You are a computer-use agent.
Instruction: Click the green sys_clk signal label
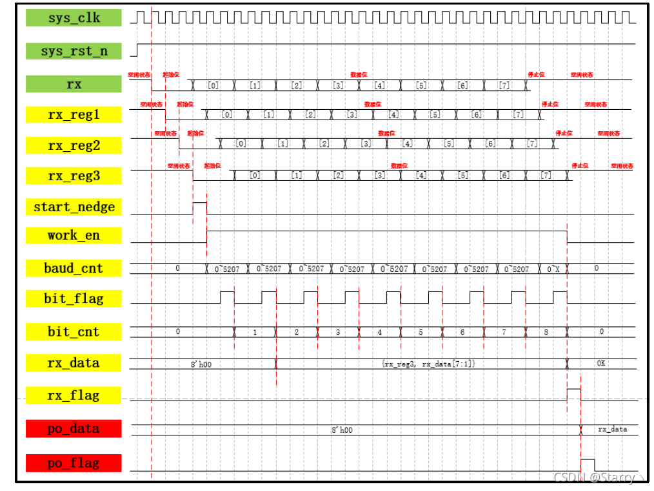pyautogui.click(x=74, y=17)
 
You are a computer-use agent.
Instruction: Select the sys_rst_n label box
pyautogui.click(x=74, y=51)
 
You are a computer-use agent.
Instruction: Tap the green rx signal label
pyautogui.click(x=74, y=84)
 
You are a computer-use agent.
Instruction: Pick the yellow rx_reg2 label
pyautogui.click(x=74, y=145)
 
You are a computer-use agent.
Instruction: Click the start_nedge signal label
pyautogui.click(x=74, y=207)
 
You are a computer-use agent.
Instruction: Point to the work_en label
pyautogui.click(x=74, y=235)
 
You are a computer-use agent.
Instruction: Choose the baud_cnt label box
pyautogui.click(x=74, y=268)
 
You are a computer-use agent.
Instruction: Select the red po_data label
pyautogui.click(x=74, y=429)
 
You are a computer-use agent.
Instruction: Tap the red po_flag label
pyautogui.click(x=74, y=463)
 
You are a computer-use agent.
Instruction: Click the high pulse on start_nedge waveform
pyautogui.click(x=200, y=207)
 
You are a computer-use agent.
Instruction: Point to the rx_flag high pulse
pyautogui.click(x=573, y=395)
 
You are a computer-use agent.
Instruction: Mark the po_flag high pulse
pyautogui.click(x=588, y=465)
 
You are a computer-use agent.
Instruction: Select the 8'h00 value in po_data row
pyautogui.click(x=342, y=430)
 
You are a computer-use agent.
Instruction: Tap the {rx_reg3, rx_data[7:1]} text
pyautogui.click(x=428, y=364)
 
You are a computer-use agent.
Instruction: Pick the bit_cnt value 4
pyautogui.click(x=379, y=332)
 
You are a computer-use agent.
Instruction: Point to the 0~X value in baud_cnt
pyautogui.click(x=553, y=268)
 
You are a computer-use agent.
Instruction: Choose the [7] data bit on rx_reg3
pyautogui.click(x=546, y=176)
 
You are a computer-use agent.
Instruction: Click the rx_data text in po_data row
pyautogui.click(x=612, y=429)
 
